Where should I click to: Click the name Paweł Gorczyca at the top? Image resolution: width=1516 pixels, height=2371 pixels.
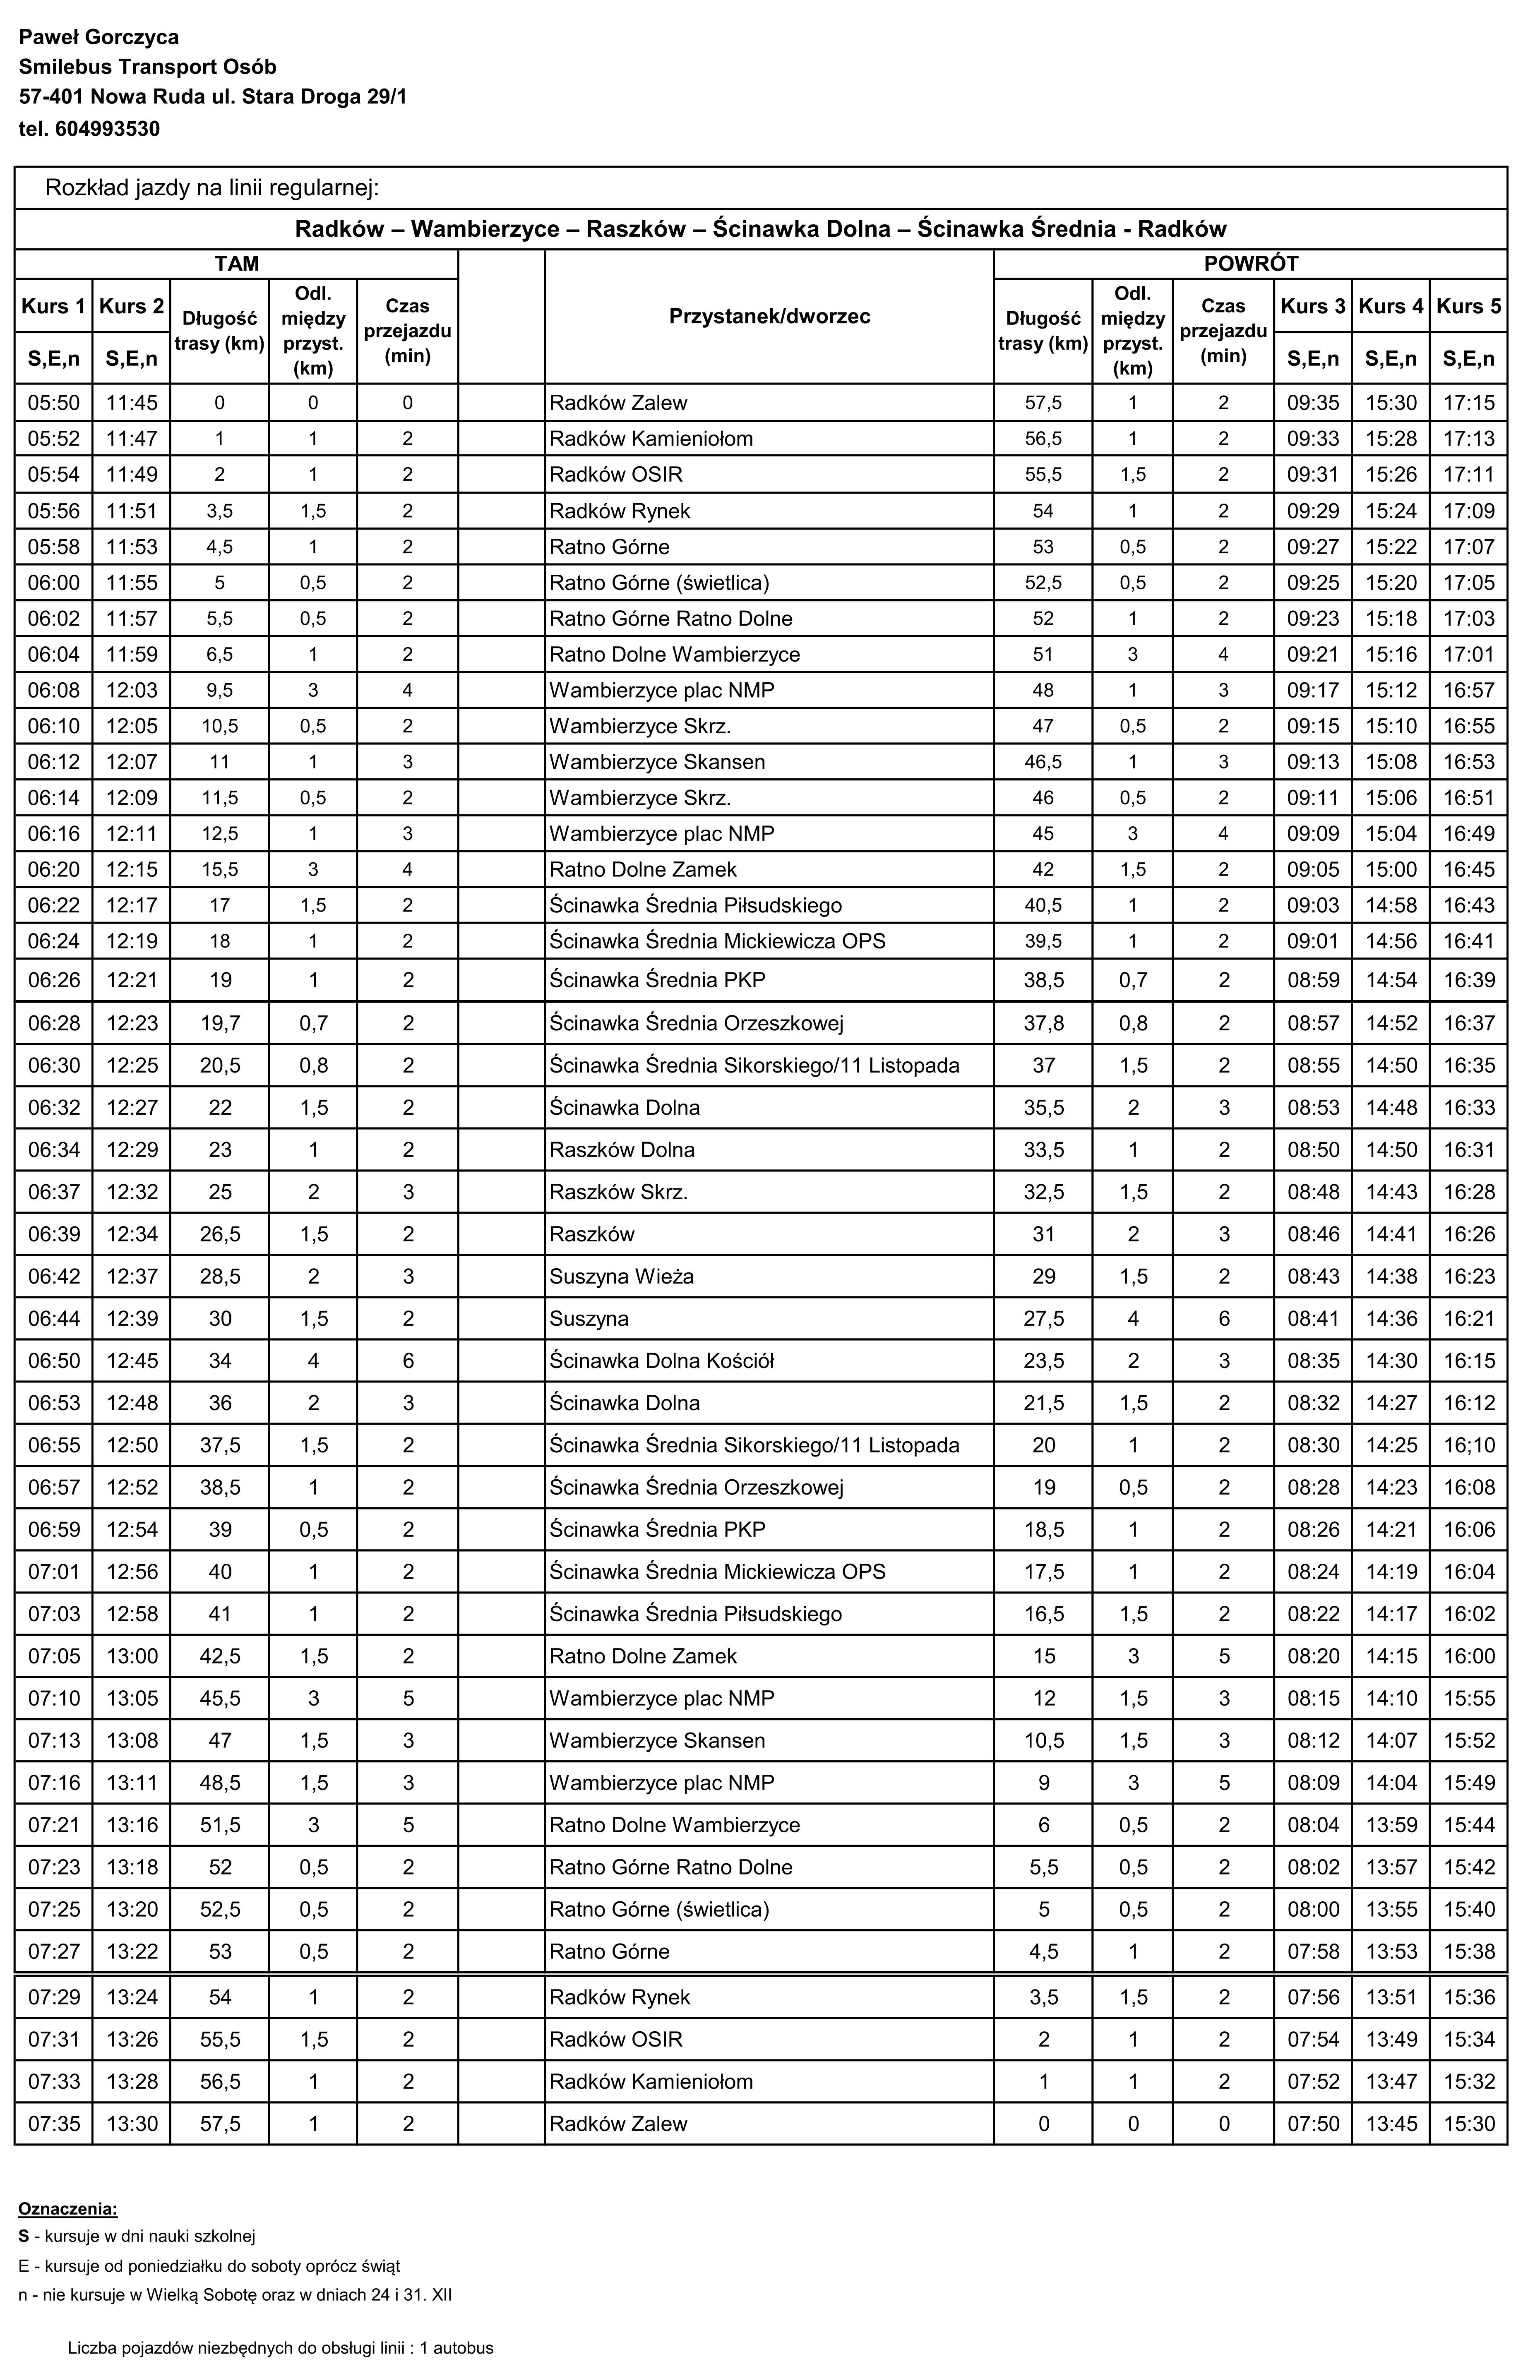tap(99, 37)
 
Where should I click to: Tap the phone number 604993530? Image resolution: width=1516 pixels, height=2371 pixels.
tap(108, 129)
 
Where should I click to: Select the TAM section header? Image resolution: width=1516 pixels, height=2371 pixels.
tap(236, 264)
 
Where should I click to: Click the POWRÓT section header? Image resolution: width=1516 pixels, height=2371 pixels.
tap(1250, 264)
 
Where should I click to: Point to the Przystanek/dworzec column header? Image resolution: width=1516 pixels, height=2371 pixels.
tap(769, 316)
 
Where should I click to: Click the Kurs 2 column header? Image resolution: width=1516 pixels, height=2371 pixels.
tap(131, 306)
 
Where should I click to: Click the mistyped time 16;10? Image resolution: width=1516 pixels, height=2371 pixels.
tap(1469, 1445)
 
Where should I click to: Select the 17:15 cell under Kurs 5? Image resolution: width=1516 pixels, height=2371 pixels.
tap(1469, 403)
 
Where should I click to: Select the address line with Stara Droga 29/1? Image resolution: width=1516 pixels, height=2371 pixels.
tap(213, 98)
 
